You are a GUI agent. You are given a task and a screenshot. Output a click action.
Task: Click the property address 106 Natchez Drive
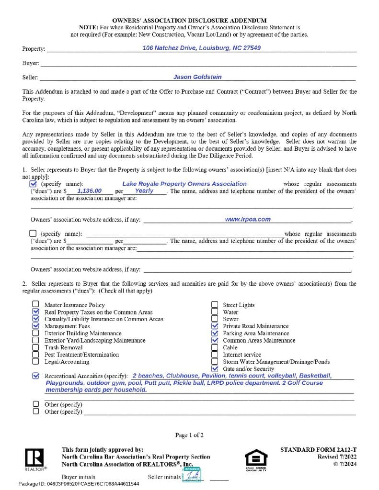[202, 48]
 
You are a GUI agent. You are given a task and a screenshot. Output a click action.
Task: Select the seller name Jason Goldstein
[197, 77]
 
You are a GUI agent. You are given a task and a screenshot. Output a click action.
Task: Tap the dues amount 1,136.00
[89, 190]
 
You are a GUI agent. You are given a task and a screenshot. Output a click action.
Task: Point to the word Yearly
[144, 190]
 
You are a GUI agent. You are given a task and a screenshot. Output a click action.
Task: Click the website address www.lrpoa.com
[248, 219]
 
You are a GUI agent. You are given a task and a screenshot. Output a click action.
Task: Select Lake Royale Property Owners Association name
[184, 184]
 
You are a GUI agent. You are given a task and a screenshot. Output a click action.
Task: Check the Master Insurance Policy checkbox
[35, 305]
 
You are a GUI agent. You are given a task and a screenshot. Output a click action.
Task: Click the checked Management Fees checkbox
[35, 326]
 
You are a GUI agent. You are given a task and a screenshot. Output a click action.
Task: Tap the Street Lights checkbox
[215, 305]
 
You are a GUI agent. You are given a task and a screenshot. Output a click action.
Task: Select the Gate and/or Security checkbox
[215, 369]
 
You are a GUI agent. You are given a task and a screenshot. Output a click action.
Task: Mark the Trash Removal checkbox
[35, 347]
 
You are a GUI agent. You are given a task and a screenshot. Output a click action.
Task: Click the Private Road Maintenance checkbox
[215, 326]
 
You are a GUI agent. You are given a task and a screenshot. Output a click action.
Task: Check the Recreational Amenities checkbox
[35, 376]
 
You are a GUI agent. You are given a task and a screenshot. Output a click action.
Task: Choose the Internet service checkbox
[215, 355]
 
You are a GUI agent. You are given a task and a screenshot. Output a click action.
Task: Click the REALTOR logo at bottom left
[34, 459]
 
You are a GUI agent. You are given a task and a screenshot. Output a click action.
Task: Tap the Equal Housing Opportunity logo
[255, 459]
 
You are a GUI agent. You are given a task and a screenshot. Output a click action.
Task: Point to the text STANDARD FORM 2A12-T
[317, 450]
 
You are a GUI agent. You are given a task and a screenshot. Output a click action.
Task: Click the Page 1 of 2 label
[189, 435]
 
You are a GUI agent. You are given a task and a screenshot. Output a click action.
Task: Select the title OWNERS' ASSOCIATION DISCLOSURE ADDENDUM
[189, 21]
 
